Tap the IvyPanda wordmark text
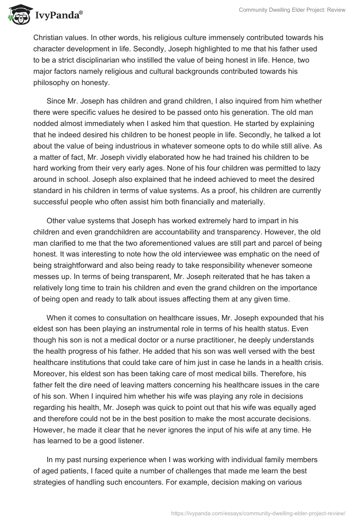58,15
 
